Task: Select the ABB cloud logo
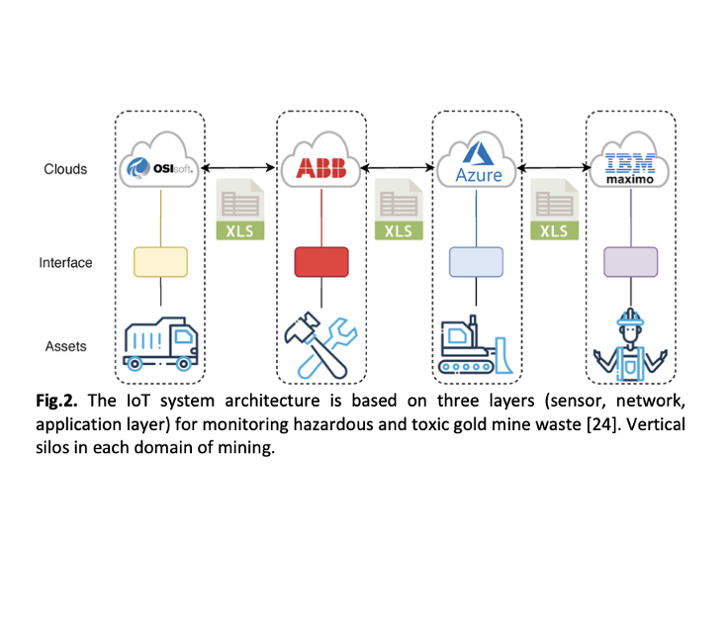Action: click(321, 167)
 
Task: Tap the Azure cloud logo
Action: click(479, 167)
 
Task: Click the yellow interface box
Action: click(161, 262)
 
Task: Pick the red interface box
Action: click(321, 262)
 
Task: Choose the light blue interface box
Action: click(478, 262)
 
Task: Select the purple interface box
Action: click(632, 262)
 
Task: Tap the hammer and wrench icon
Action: click(321, 345)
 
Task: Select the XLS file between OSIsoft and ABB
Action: click(240, 210)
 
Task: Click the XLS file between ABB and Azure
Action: click(398, 210)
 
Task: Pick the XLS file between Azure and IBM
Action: click(554, 210)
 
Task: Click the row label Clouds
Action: click(65, 169)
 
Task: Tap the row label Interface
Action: click(66, 263)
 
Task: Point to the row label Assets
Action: click(65, 346)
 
